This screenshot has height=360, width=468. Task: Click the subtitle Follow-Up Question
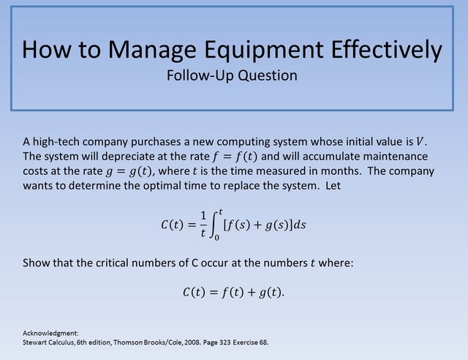tap(232, 75)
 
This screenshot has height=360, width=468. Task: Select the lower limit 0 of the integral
tap(216, 238)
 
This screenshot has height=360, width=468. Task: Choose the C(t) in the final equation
tap(195, 292)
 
